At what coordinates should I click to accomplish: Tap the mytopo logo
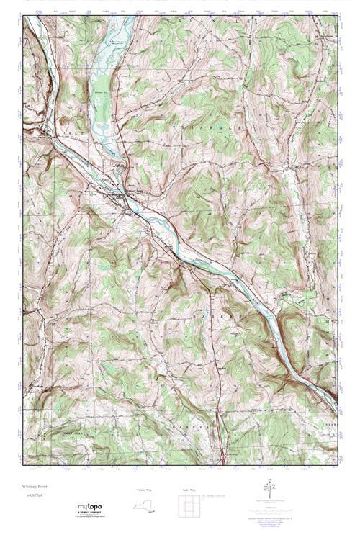pos(90,508)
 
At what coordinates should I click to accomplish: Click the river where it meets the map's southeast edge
pos(333,400)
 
